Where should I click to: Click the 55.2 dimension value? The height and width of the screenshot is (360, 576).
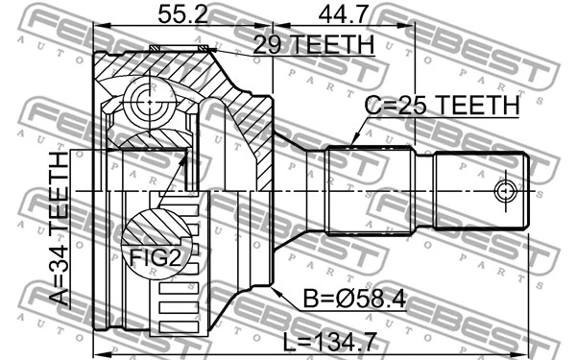(x=183, y=14)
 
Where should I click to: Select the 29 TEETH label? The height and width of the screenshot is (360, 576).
(x=313, y=43)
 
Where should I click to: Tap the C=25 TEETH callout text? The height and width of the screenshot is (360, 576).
(x=442, y=105)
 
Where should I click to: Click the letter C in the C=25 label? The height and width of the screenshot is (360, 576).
(x=372, y=105)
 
